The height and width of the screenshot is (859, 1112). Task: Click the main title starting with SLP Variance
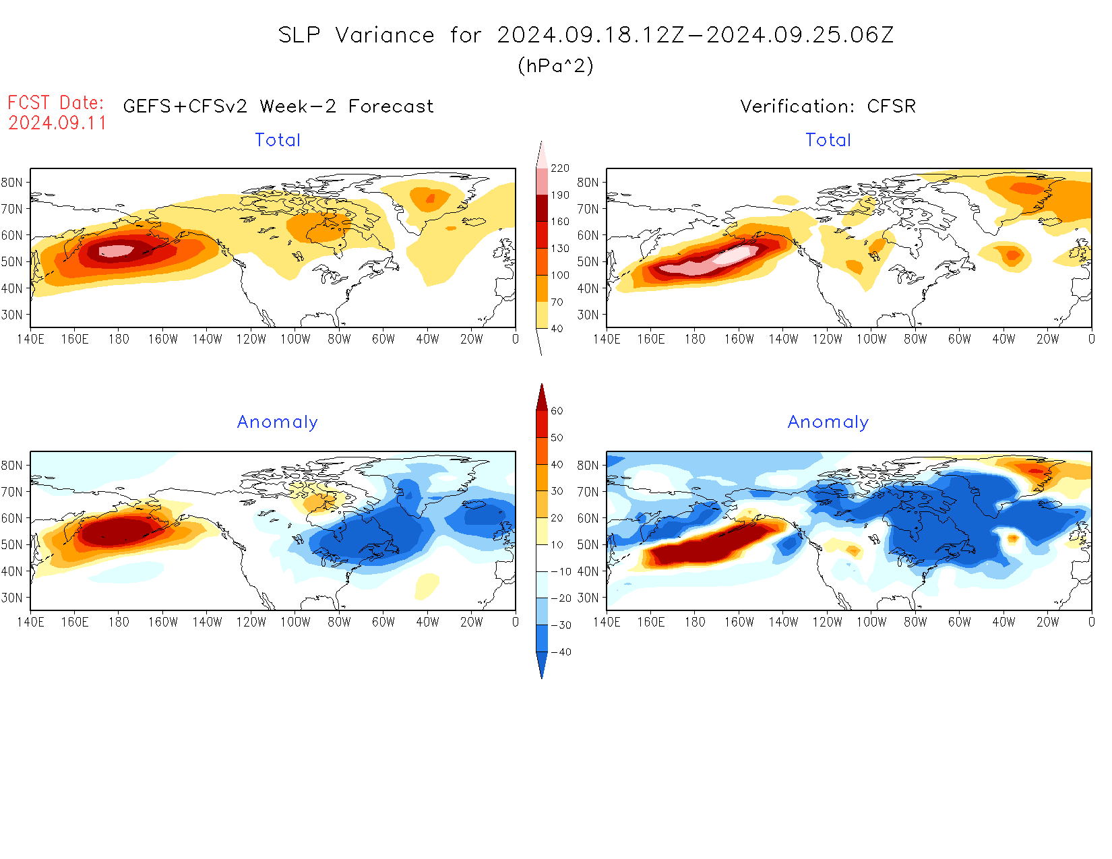[586, 35]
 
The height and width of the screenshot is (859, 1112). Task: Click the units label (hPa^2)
[555, 65]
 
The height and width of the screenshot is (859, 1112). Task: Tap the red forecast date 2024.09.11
[57, 123]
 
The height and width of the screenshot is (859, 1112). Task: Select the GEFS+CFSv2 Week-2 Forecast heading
[278, 106]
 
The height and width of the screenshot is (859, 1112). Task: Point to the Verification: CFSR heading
[828, 106]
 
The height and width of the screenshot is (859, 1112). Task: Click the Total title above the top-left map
[278, 140]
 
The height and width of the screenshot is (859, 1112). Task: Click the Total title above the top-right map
[828, 140]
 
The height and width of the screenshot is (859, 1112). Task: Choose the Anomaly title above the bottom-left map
[277, 422]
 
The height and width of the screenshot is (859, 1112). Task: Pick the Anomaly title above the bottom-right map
[828, 422]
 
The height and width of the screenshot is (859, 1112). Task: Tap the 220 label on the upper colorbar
[559, 168]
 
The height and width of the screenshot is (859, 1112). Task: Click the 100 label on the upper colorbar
[559, 275]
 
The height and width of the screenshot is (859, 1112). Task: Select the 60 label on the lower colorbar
[557, 411]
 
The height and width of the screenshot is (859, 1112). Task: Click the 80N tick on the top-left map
[12, 182]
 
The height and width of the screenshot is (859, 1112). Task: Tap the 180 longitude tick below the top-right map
[695, 339]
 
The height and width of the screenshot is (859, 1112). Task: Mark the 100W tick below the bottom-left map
[295, 622]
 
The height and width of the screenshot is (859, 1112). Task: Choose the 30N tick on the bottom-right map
[588, 598]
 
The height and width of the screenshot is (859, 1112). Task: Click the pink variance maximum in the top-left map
[117, 251]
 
